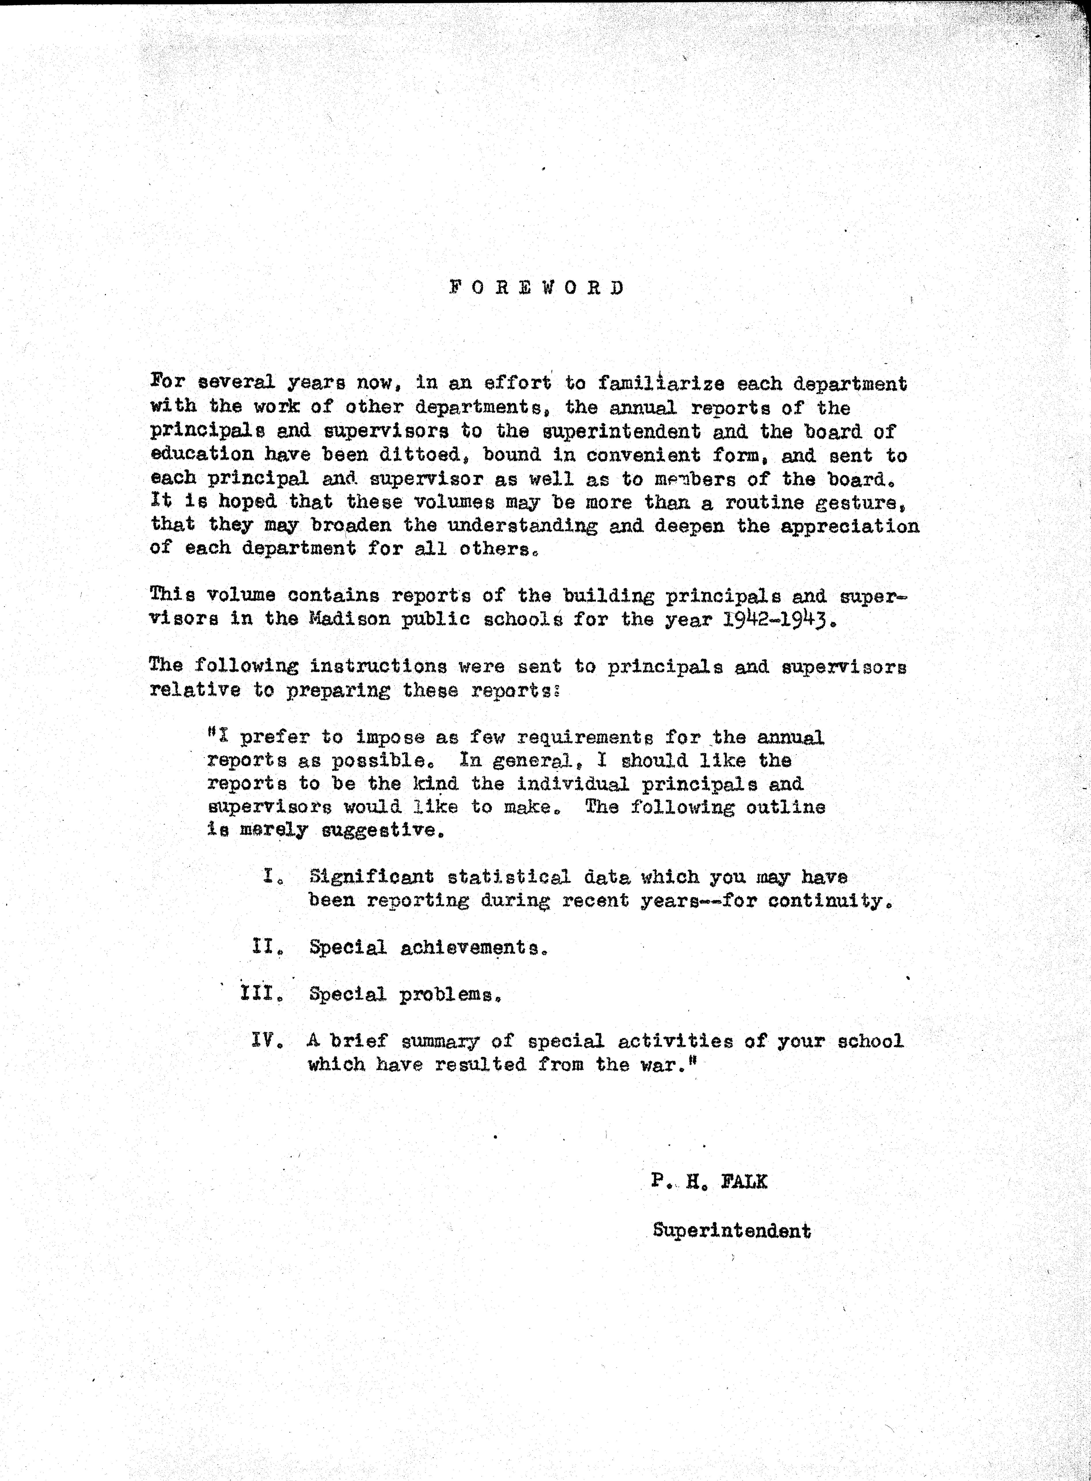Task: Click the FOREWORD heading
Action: click(x=536, y=288)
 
